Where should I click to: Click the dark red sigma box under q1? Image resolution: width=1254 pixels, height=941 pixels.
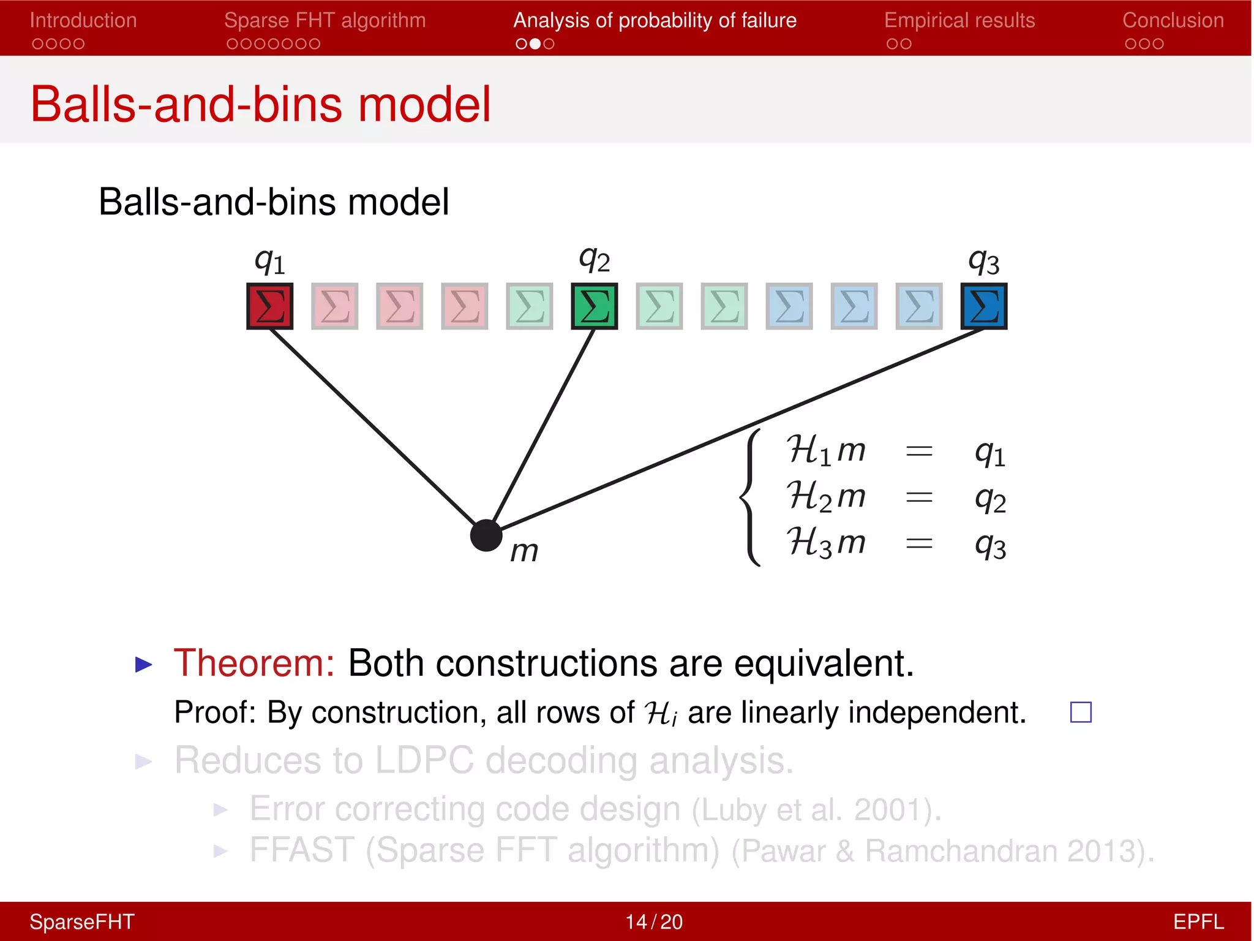269,306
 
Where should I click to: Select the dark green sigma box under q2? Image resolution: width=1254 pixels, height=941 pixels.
594,306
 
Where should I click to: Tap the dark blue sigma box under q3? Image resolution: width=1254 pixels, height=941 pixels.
983,306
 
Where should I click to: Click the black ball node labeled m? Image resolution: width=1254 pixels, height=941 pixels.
486,535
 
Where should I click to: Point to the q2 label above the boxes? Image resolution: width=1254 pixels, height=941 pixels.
594,260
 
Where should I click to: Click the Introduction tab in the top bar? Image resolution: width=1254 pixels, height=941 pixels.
83,20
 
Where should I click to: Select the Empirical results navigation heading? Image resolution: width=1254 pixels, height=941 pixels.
959,20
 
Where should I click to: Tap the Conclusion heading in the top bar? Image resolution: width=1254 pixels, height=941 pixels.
1173,20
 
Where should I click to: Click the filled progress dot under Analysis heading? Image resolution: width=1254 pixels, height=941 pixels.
535,43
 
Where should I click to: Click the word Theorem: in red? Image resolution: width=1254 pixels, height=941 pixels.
254,663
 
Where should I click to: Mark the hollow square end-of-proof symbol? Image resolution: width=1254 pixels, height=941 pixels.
1081,712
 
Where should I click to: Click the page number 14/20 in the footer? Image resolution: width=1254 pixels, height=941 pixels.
653,921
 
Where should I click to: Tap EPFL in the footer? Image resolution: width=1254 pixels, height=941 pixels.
1198,921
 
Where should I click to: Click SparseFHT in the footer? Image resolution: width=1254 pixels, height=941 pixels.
81,921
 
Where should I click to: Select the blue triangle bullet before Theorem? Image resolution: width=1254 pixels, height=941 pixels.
143,664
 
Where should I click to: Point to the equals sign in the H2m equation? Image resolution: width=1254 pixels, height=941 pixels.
918,497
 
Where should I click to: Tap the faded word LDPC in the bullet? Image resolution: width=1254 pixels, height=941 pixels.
424,760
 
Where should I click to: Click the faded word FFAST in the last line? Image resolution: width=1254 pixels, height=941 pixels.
301,850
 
